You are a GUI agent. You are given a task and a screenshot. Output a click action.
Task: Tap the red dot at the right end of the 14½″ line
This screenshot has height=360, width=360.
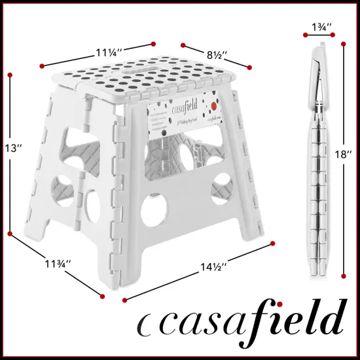point(272,245)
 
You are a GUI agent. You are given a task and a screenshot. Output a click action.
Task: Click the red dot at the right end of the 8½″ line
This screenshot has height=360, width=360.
point(251,66)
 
